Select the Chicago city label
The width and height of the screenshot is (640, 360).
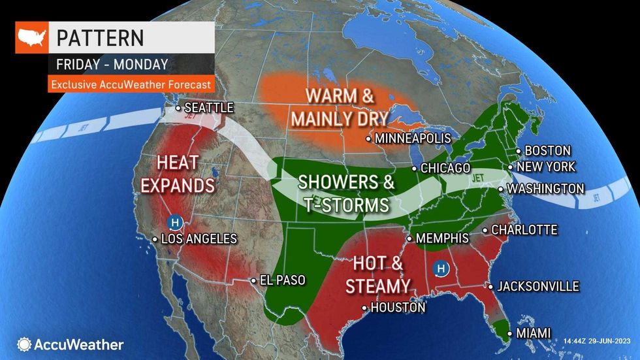coord(445,169)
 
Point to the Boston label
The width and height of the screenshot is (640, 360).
coord(547,151)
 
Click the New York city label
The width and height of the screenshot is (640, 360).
coord(546,167)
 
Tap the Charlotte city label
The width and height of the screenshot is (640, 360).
coord(524,230)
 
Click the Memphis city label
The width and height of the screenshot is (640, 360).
coord(442,238)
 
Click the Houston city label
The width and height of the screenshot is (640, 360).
coord(397,308)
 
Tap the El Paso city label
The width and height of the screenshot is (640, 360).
coord(282,280)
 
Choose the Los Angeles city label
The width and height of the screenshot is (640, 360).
coord(199,239)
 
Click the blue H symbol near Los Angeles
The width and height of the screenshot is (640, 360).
coord(174,222)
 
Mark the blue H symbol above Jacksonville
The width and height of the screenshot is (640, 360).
coord(442,269)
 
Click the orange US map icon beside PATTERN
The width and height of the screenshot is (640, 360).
coord(31,37)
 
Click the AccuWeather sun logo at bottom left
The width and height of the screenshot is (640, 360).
coord(24,344)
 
